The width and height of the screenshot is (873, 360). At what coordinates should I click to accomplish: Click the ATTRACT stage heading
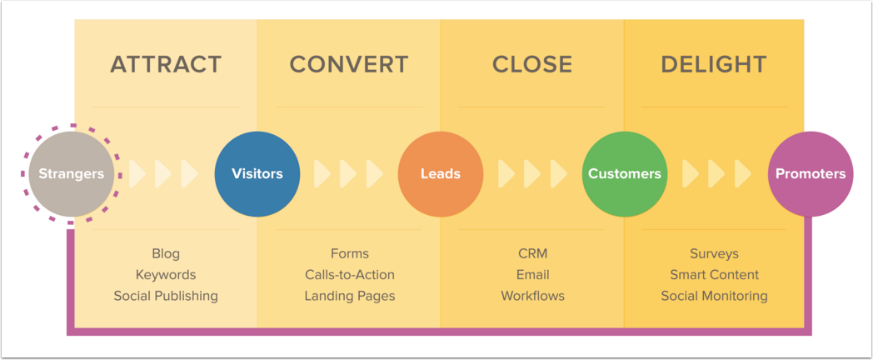[x=166, y=65]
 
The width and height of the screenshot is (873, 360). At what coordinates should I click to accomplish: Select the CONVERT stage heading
[x=349, y=65]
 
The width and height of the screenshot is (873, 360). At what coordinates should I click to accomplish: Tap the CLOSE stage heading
[x=532, y=65]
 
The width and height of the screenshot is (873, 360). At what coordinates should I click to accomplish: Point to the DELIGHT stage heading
[x=714, y=65]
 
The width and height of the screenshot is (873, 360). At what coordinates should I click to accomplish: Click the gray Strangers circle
[x=72, y=174]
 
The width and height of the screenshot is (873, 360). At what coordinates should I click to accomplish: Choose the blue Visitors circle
[x=257, y=174]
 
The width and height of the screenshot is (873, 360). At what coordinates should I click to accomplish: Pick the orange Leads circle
[x=441, y=174]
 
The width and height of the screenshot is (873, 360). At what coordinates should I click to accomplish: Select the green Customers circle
[x=625, y=174]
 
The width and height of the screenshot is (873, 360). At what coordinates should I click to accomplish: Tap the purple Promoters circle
[x=811, y=174]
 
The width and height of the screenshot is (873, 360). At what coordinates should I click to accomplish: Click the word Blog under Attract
[x=166, y=254]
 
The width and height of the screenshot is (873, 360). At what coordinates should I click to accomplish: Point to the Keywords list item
[x=166, y=275]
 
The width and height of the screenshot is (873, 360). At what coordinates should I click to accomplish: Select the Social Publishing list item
[x=166, y=296]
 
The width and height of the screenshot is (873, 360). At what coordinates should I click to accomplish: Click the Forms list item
[x=350, y=253]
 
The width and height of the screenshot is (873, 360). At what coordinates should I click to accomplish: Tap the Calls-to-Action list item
[x=350, y=275]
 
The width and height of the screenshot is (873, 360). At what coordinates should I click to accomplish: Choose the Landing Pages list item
[x=350, y=296]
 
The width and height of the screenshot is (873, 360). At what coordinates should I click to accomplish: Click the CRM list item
[x=533, y=253]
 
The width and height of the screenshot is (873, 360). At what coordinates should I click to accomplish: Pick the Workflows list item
[x=533, y=296]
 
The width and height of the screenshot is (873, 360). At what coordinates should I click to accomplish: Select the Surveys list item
[x=715, y=254]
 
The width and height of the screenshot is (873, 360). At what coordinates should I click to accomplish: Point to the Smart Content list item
[x=715, y=275]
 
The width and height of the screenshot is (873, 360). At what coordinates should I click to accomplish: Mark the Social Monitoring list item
[x=715, y=296]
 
